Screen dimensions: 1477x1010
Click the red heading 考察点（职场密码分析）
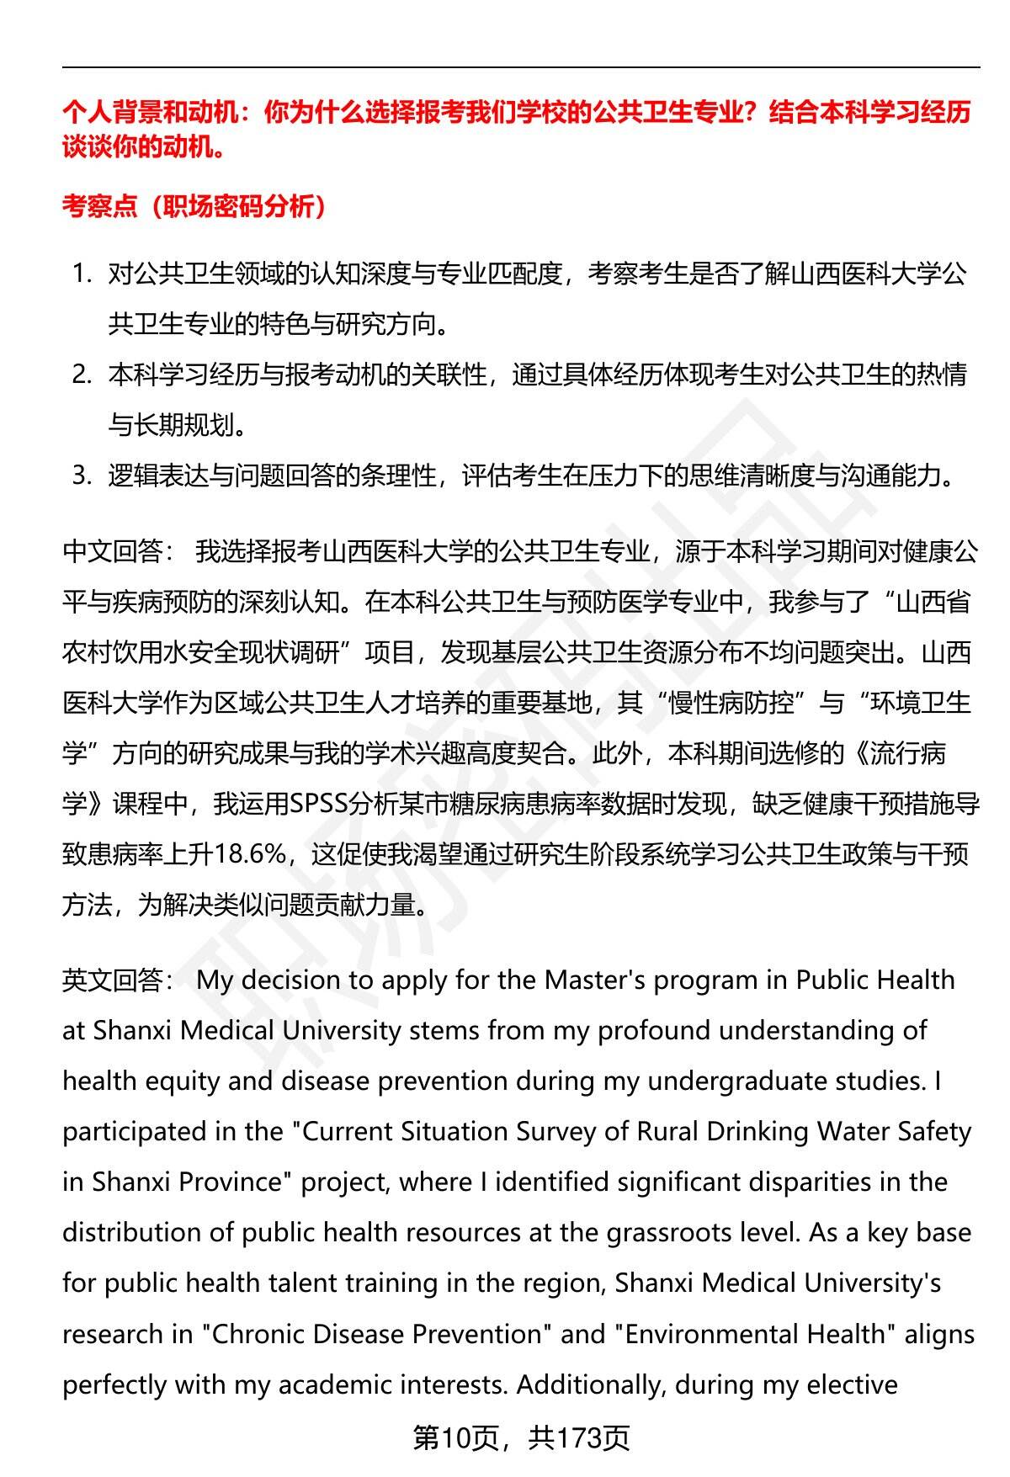194,206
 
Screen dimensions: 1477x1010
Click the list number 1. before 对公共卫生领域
81,274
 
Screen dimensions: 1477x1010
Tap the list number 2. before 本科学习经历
81,375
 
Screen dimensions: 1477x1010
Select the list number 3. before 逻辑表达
81,476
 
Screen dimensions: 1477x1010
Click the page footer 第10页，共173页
521,1438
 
